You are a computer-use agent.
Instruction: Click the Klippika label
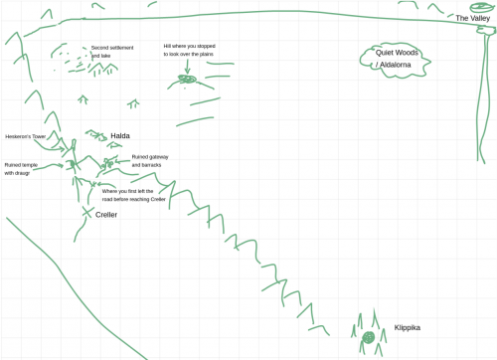pos(408,327)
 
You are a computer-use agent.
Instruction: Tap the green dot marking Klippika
pos(368,338)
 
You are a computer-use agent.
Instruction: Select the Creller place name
pos(106,215)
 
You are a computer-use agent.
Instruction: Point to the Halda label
pos(120,136)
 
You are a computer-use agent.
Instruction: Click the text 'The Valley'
pos(473,19)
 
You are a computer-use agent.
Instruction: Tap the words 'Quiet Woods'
pos(396,53)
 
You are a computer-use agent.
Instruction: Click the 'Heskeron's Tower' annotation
pos(25,137)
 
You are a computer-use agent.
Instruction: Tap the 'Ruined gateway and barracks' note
pos(149,160)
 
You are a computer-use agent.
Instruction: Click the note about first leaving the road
pos(133,195)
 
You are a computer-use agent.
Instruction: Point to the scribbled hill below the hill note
pos(189,80)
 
